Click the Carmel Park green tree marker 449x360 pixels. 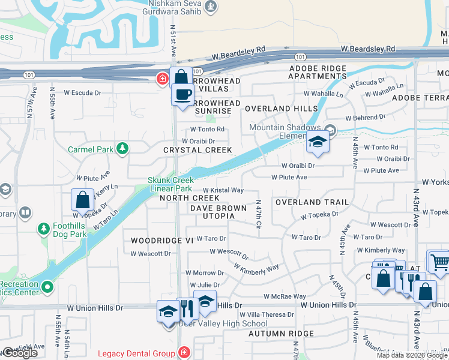122,148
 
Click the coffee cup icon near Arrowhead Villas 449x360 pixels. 182,94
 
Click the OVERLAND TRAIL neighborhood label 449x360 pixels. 312,202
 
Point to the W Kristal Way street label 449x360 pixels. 223,190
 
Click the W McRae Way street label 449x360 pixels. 285,296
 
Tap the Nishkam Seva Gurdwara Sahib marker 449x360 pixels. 210,7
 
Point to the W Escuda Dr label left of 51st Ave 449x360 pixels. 83,93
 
